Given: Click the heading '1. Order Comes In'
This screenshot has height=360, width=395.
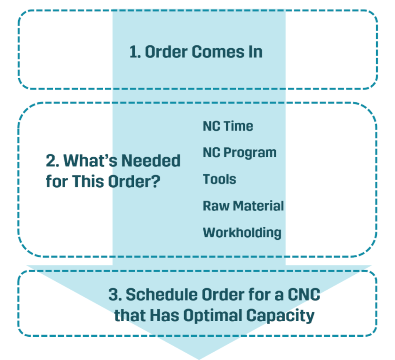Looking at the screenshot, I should (196, 52).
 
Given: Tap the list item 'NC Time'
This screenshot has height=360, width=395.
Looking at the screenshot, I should (227, 126).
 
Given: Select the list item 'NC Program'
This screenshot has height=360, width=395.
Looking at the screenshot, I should (239, 153).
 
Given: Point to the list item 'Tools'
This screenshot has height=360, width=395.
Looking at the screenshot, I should (219, 179).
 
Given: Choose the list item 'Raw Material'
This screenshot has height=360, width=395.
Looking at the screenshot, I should (243, 206).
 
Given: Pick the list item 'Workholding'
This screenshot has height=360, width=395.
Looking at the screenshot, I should (242, 232).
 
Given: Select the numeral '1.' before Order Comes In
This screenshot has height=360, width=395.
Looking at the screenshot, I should (135, 52).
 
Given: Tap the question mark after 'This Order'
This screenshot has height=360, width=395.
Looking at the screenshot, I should (156, 182).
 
